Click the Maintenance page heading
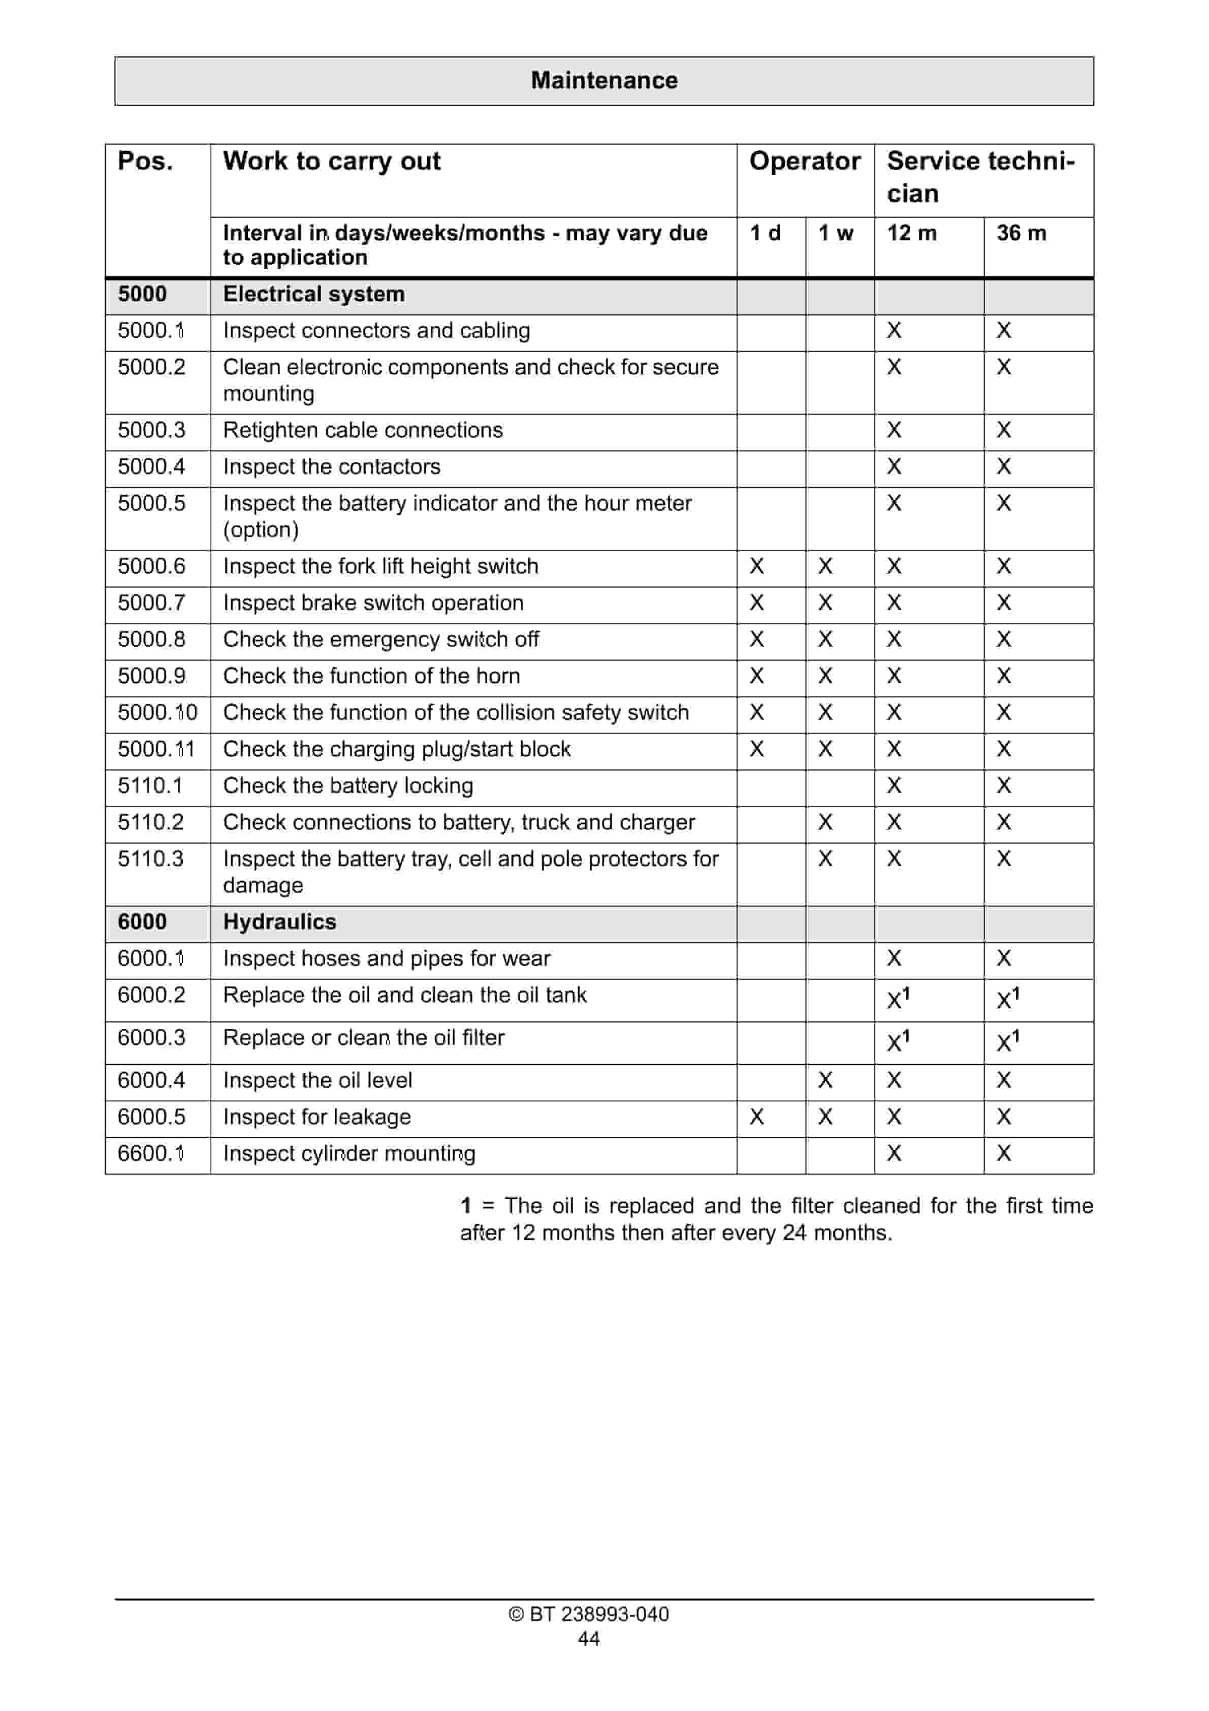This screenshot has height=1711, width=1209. pyautogui.click(x=604, y=80)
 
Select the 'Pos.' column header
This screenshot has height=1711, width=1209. pyautogui.click(x=145, y=161)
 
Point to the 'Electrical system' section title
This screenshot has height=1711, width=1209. pyautogui.click(x=314, y=294)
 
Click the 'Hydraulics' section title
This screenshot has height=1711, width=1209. pyautogui.click(x=279, y=922)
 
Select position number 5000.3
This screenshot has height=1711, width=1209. pyautogui.click(x=151, y=430)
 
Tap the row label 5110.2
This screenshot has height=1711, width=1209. pyautogui.click(x=150, y=822)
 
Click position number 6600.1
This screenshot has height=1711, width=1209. pyautogui.click(x=150, y=1154)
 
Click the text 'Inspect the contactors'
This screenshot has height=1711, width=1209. pyautogui.click(x=332, y=466)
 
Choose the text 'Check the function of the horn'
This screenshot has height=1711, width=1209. pyautogui.click(x=371, y=676)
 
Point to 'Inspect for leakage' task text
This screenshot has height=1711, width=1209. pyautogui.click(x=317, y=1117)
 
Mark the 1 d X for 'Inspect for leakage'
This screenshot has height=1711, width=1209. pyautogui.click(x=756, y=1117)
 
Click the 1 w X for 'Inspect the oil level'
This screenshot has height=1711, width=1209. pyautogui.click(x=825, y=1081)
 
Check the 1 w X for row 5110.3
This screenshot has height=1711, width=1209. pyautogui.click(x=825, y=859)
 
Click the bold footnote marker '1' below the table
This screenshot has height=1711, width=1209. pyautogui.click(x=466, y=1206)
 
